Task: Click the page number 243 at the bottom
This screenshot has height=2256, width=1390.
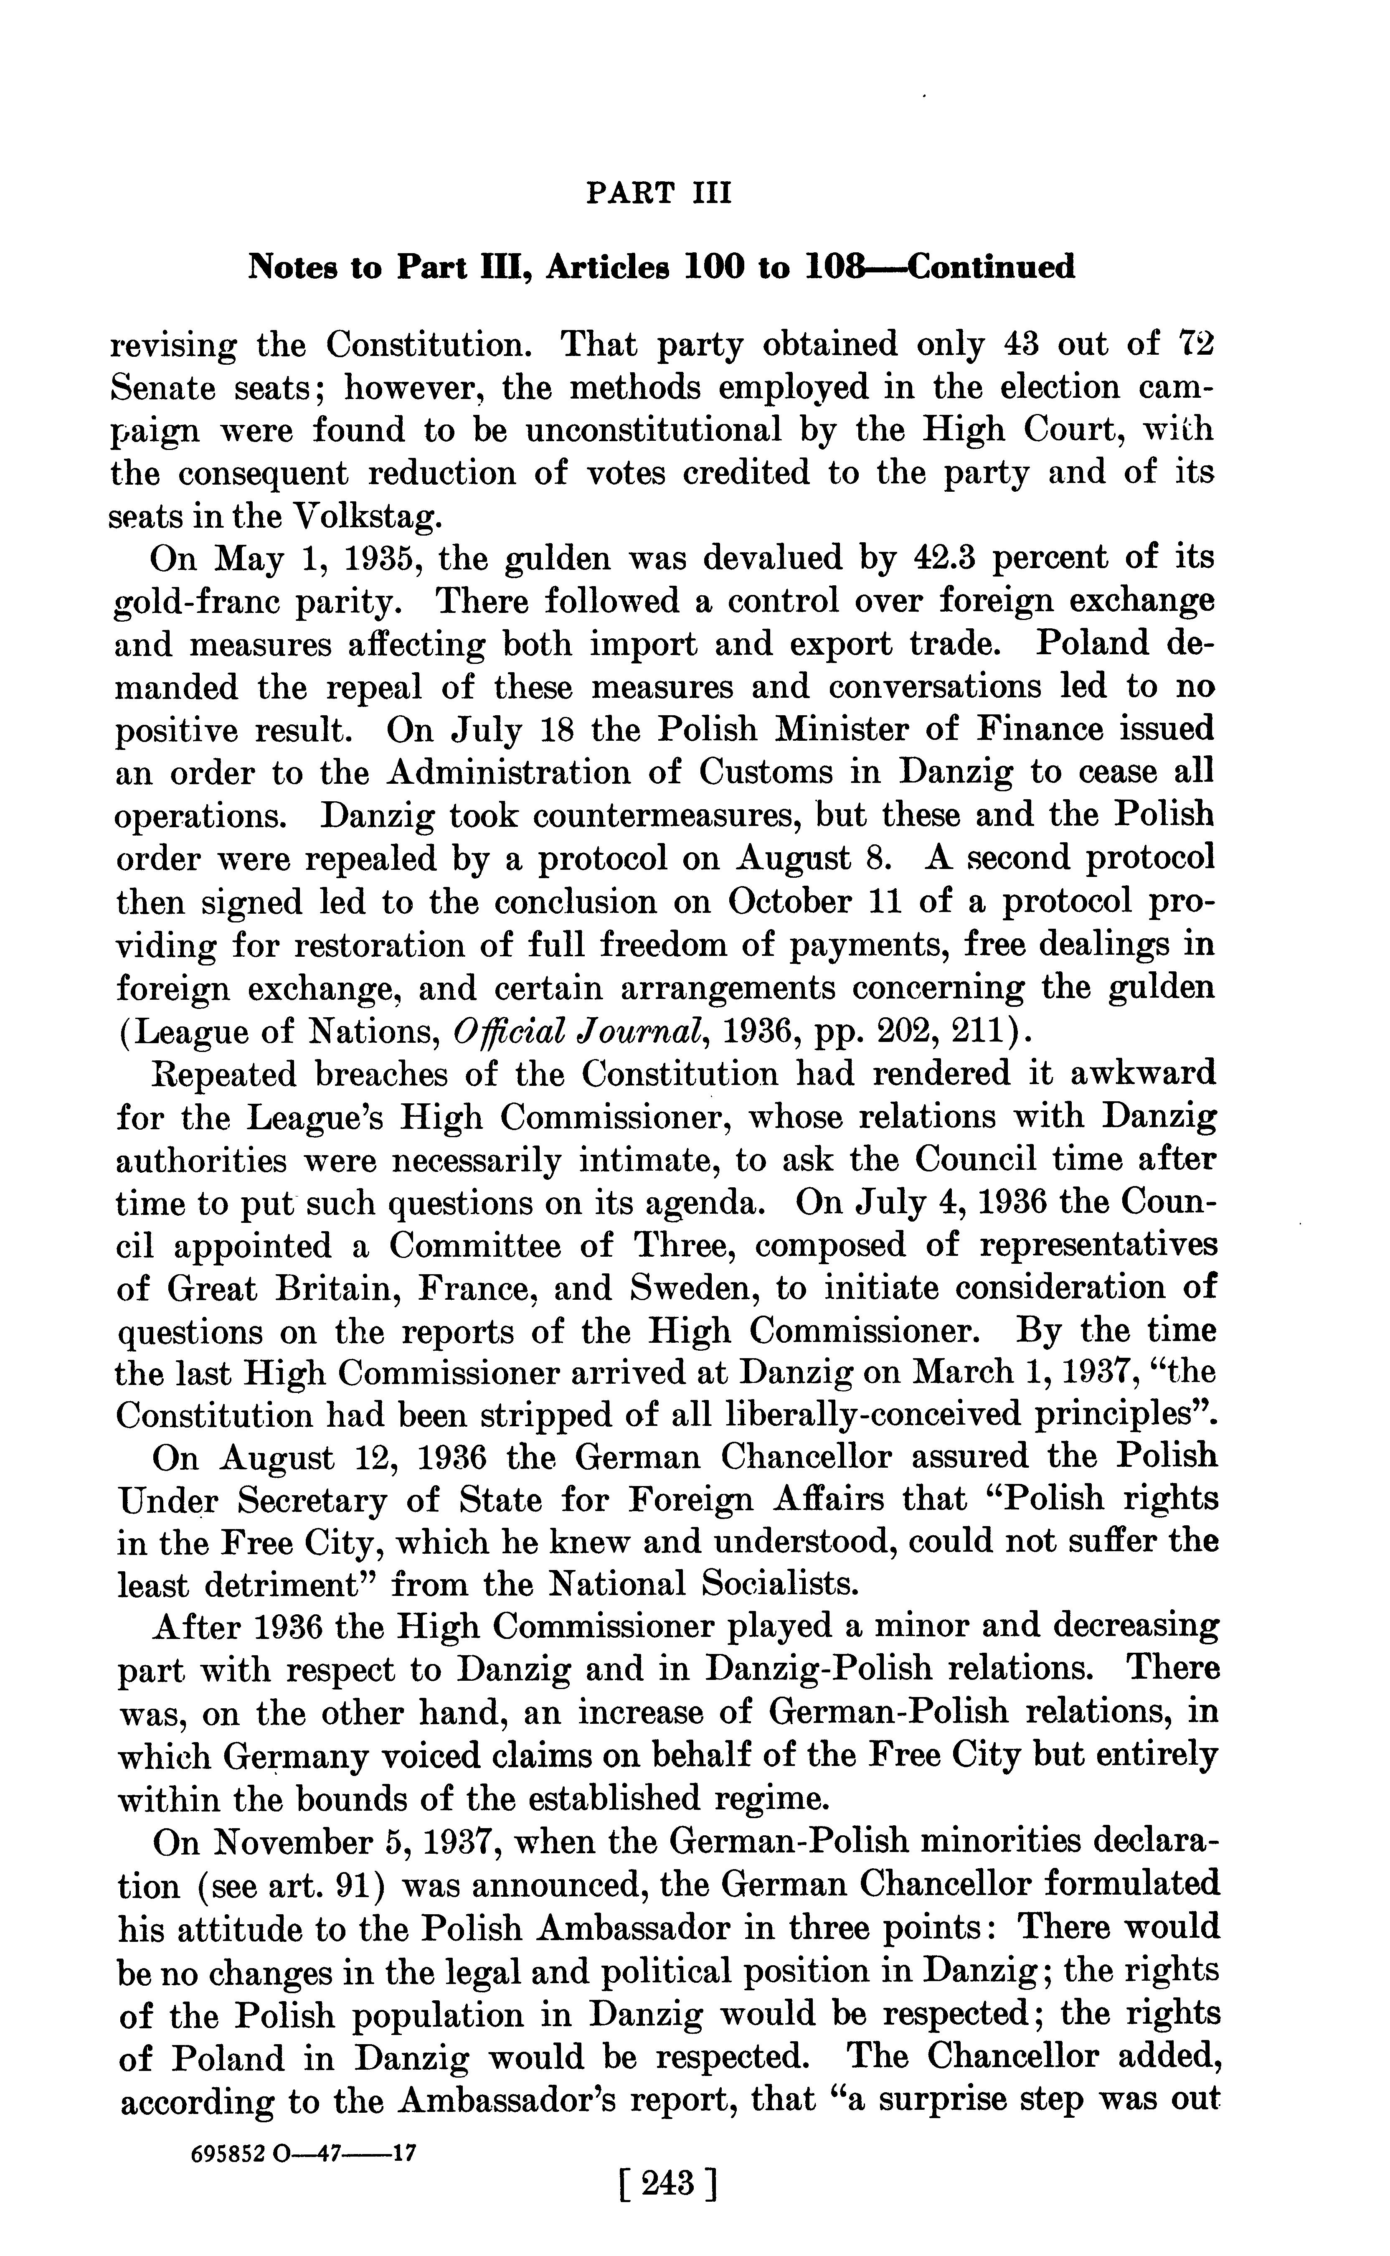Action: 668,2158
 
